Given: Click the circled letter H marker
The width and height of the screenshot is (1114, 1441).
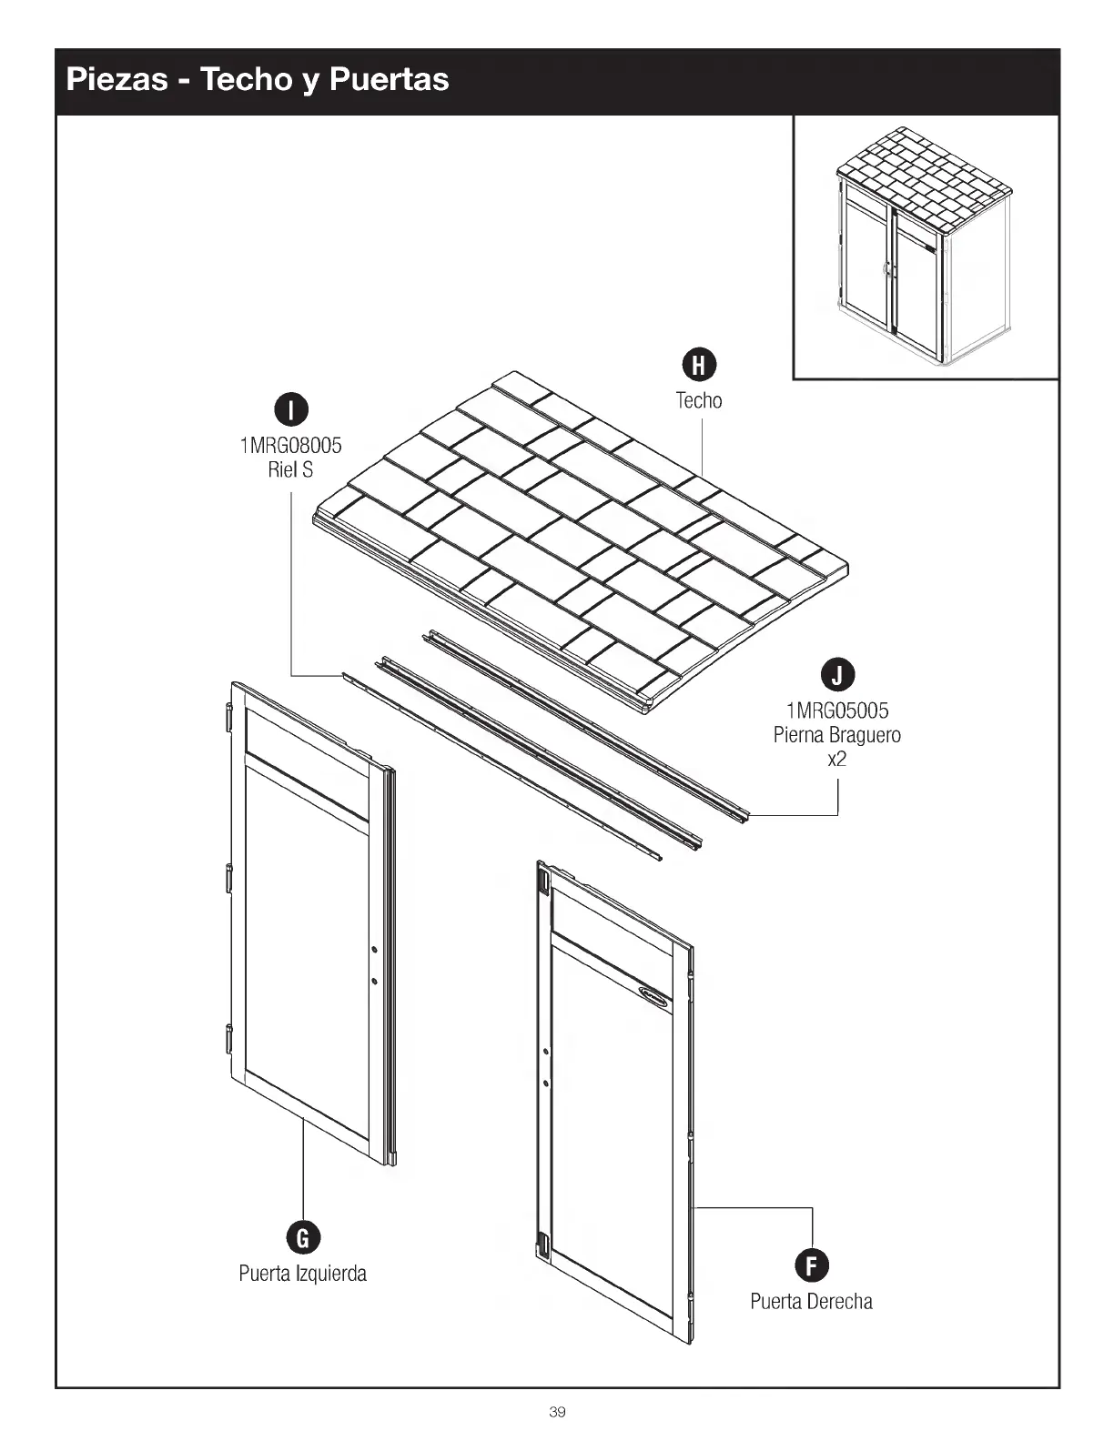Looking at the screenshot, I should click(699, 365).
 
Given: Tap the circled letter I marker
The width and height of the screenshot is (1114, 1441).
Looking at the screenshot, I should click(291, 409).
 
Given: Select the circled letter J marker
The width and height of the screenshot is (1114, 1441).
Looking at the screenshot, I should click(837, 675).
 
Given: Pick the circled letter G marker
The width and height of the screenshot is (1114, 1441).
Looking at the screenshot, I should click(303, 1237).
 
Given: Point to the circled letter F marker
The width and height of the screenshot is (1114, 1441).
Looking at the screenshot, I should click(811, 1265).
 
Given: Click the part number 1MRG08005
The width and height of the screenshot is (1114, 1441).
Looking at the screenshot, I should click(291, 446).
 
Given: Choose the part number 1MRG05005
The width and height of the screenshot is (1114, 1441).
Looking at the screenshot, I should click(837, 710).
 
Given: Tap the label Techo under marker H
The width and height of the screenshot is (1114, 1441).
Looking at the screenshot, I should click(699, 400).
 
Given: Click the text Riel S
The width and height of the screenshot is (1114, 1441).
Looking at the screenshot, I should click(291, 469).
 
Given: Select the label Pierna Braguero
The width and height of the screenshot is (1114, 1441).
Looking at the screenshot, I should click(837, 735).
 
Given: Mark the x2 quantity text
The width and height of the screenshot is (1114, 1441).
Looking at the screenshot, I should click(837, 759).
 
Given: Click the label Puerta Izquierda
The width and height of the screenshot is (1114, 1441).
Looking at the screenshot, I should click(303, 1273).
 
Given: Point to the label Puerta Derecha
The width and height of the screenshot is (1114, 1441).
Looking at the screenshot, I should click(811, 1301).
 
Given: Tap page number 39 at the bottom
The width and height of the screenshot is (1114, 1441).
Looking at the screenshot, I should click(557, 1412).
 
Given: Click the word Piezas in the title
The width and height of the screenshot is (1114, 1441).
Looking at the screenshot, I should click(117, 79).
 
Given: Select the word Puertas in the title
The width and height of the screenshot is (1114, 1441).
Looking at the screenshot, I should click(389, 79).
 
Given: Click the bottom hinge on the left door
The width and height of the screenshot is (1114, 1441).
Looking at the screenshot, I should click(229, 1037).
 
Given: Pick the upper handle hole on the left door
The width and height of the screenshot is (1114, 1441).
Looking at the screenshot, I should click(374, 951).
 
